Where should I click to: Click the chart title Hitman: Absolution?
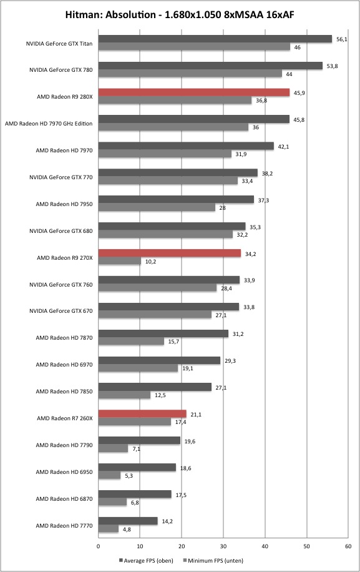(110, 15)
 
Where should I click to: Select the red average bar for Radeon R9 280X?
(194, 92)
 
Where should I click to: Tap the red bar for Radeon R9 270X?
(170, 253)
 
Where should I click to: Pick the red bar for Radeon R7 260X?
(142, 413)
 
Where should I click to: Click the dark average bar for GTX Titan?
(215, 39)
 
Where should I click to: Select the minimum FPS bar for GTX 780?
(190, 74)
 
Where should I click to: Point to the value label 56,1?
(341, 39)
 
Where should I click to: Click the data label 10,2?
(150, 261)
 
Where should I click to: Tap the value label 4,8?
(127, 530)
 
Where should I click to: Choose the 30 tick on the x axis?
(223, 546)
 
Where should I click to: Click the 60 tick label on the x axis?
(348, 546)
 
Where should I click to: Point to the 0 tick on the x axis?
(99, 546)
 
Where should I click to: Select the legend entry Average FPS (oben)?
(146, 561)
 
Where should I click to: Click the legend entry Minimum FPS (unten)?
(213, 561)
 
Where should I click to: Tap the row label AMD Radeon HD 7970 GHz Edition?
(49, 124)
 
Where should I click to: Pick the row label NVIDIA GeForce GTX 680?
(61, 231)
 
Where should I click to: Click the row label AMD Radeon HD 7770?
(64, 526)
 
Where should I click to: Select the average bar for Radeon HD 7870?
(163, 333)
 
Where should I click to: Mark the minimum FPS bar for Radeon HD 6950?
(109, 475)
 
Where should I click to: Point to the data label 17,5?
(181, 495)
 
